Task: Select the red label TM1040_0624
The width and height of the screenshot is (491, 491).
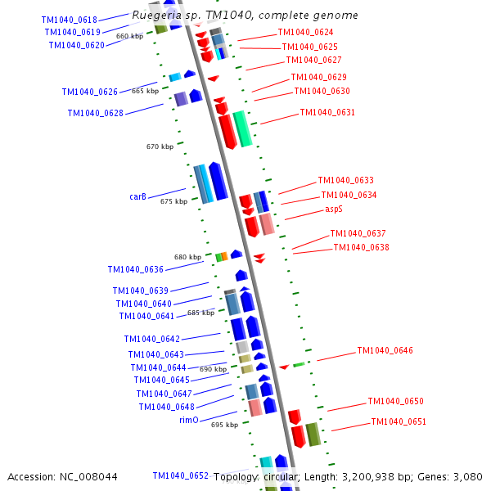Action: coord(306,33)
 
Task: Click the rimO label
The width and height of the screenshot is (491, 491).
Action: coord(189,420)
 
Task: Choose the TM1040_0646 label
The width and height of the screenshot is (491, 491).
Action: coord(385,350)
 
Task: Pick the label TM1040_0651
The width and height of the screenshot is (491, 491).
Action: coord(399,421)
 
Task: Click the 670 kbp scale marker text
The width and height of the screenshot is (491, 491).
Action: coord(160,146)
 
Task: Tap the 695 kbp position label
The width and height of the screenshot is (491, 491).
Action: coord(224,425)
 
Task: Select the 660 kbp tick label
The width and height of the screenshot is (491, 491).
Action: coord(129,36)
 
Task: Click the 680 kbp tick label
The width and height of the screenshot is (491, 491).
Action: coord(187,257)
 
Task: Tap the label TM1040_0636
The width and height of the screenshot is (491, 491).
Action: coord(136,269)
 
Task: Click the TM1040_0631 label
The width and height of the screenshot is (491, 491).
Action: coord(327,112)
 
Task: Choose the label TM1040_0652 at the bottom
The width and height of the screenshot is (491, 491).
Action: coord(181,475)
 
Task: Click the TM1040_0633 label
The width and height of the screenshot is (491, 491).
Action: coord(345,180)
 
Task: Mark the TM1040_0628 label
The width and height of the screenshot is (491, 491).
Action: coord(96,113)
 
